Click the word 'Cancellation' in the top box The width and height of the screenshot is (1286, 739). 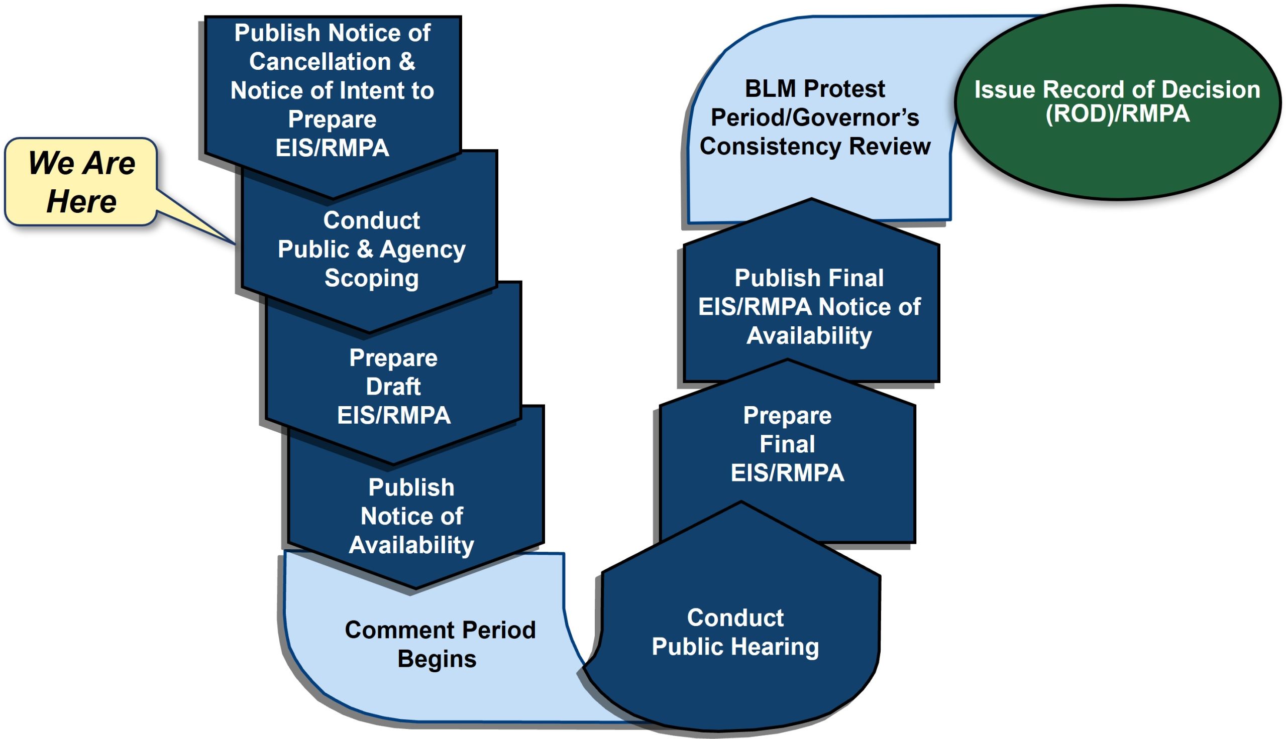click(x=320, y=62)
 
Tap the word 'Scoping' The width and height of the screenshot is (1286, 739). click(x=372, y=278)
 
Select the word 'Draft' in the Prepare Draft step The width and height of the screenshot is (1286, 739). click(x=393, y=387)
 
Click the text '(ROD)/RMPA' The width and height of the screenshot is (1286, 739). click(x=1117, y=113)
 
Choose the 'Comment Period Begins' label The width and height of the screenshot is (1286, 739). click(x=440, y=644)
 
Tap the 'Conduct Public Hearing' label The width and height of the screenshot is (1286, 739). click(x=735, y=632)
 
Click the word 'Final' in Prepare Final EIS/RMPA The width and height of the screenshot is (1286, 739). click(x=787, y=444)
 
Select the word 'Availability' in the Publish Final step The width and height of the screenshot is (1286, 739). click(x=809, y=335)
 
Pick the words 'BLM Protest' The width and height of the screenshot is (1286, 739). click(x=814, y=89)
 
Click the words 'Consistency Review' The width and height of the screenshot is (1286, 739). click(x=815, y=147)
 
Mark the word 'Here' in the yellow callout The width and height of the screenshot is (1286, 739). click(x=81, y=201)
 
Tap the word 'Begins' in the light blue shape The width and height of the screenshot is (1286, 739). click(x=437, y=659)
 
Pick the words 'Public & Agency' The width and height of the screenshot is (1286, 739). click(x=372, y=249)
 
